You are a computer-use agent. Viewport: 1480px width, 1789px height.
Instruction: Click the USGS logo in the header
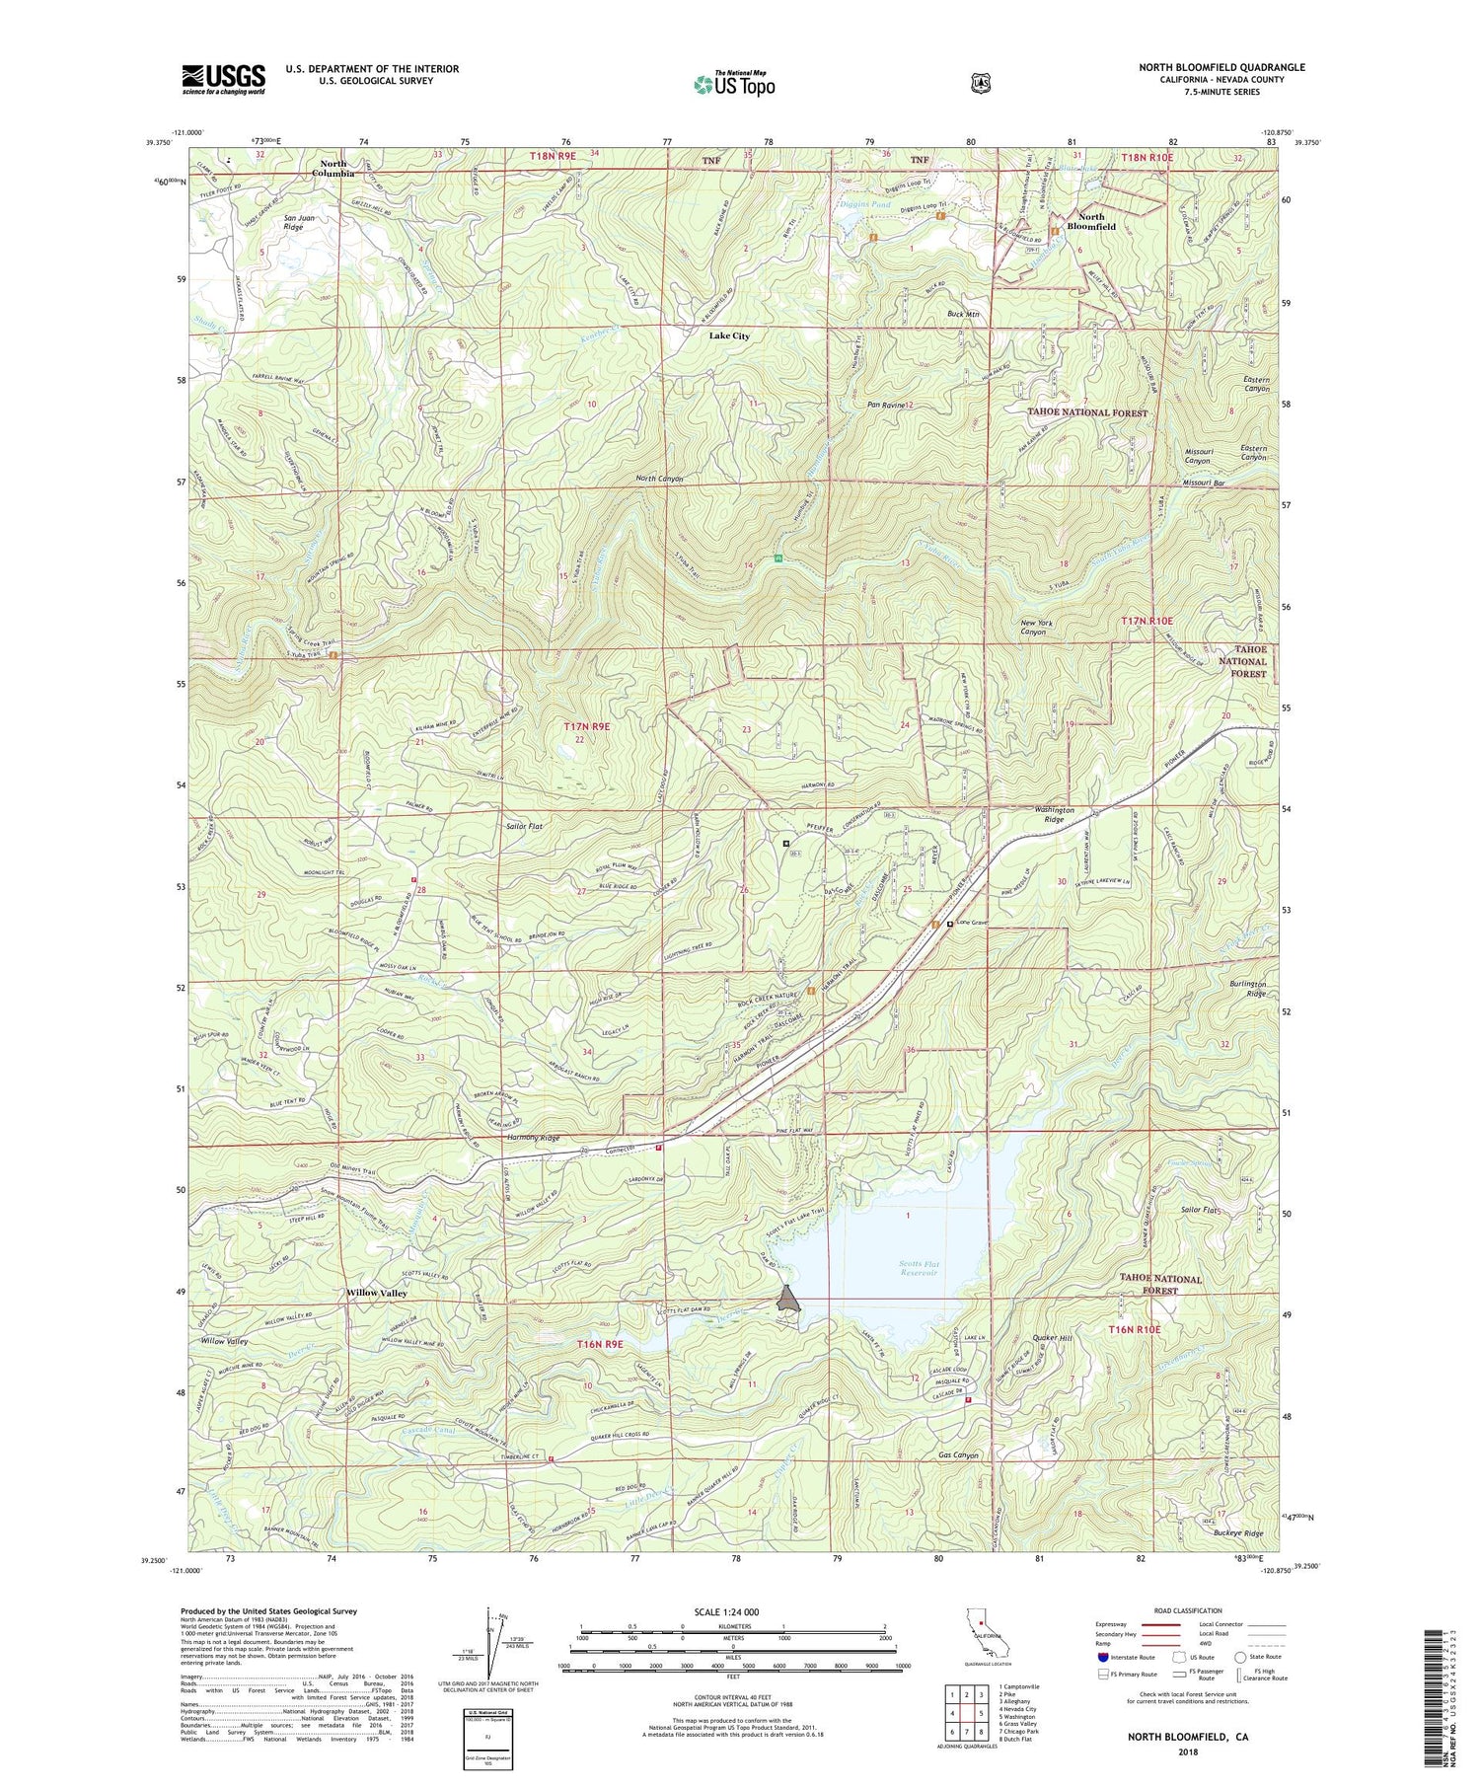223,79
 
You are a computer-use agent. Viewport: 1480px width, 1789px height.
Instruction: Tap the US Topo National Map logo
734,84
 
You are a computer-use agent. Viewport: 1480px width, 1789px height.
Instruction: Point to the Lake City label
729,335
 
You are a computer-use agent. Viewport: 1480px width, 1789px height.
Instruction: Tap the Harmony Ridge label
533,1138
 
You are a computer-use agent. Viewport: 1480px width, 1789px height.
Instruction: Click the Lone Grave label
972,924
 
